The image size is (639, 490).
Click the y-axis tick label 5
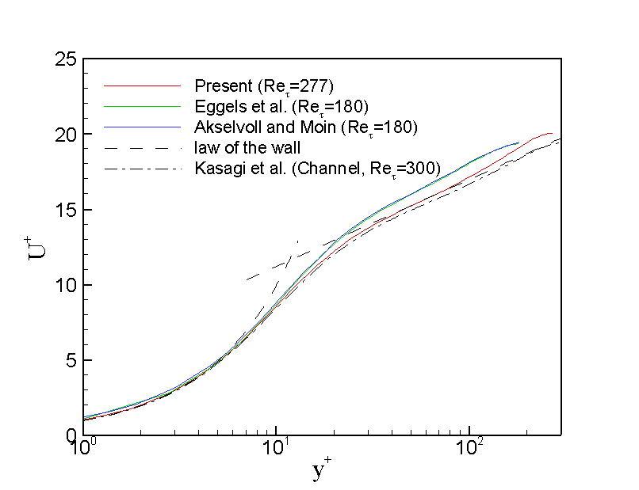(70, 360)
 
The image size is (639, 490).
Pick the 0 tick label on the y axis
(70, 435)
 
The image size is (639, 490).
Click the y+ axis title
(321, 472)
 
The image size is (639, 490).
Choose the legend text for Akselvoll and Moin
(305, 126)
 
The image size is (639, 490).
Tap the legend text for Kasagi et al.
(316, 168)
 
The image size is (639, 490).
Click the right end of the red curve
(552, 134)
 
